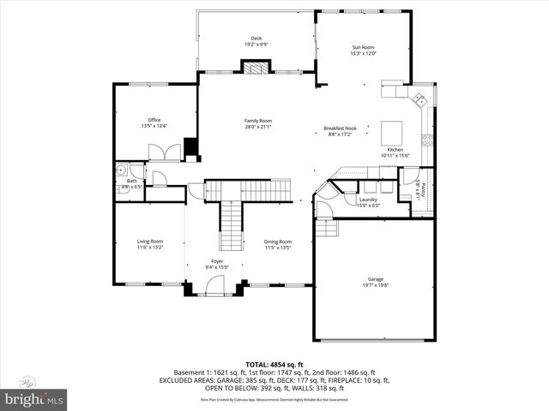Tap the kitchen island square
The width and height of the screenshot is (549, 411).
click(x=393, y=132)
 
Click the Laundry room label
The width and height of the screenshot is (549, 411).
click(x=368, y=200)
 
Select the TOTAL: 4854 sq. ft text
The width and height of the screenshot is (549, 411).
click(x=274, y=364)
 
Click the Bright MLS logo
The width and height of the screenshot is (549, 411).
click(x=34, y=398)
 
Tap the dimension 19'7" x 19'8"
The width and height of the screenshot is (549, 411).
click(x=376, y=286)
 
